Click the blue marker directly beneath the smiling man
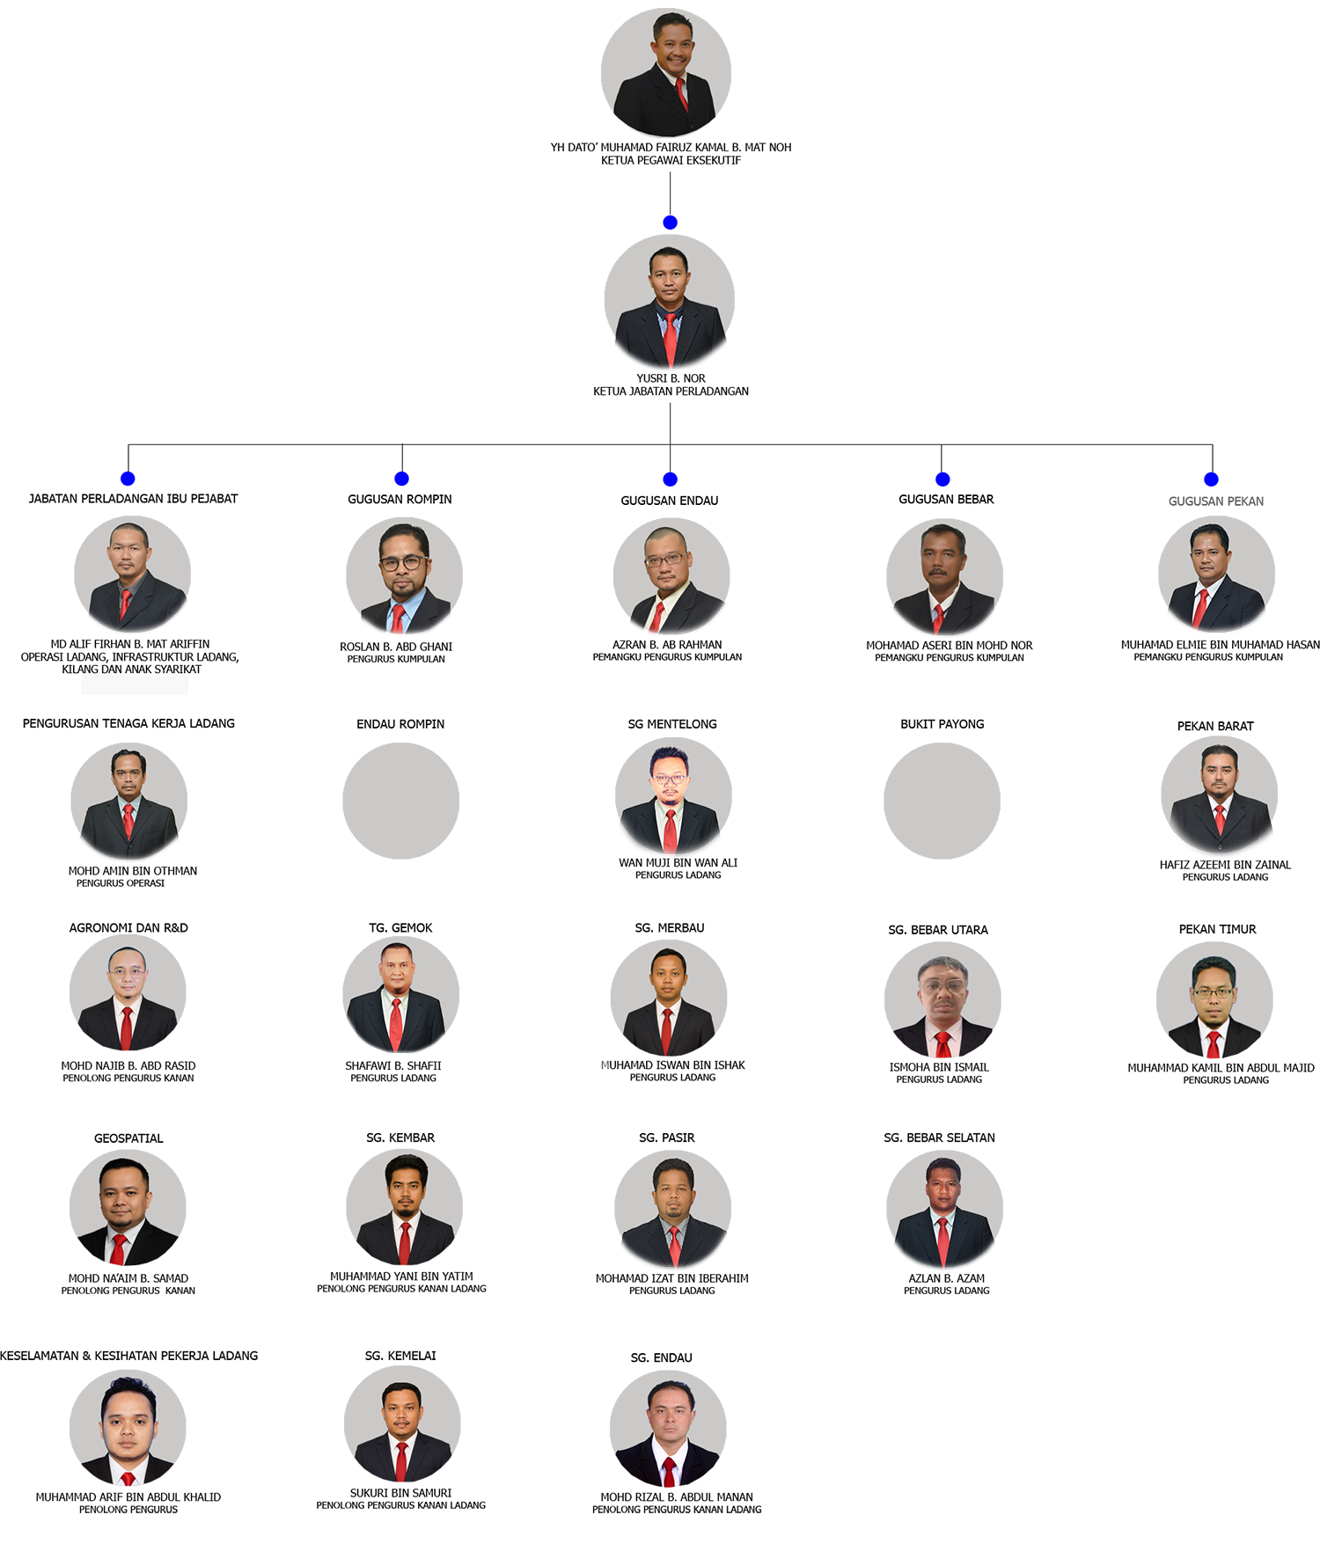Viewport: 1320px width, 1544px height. (671, 219)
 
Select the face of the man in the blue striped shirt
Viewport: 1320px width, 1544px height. (669, 274)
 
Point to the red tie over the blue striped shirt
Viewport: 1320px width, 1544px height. (671, 339)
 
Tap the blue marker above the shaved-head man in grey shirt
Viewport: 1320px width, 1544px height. (128, 478)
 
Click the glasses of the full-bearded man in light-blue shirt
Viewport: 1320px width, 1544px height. (404, 562)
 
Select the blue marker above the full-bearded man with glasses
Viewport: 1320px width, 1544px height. (401, 478)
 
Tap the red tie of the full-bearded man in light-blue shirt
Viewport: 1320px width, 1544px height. (398, 621)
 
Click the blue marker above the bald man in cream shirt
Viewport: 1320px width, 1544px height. (671, 478)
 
